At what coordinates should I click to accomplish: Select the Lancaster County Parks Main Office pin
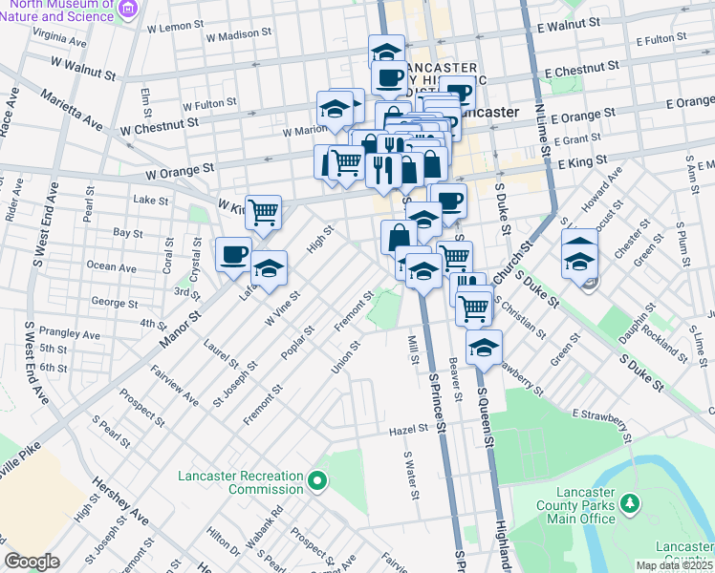[629, 502]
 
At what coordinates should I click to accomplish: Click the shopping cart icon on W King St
[263, 212]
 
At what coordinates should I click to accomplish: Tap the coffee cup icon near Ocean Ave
[233, 255]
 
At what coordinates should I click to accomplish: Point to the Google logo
[32, 562]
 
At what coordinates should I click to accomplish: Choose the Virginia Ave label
[54, 35]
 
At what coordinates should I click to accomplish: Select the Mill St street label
[414, 350]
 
